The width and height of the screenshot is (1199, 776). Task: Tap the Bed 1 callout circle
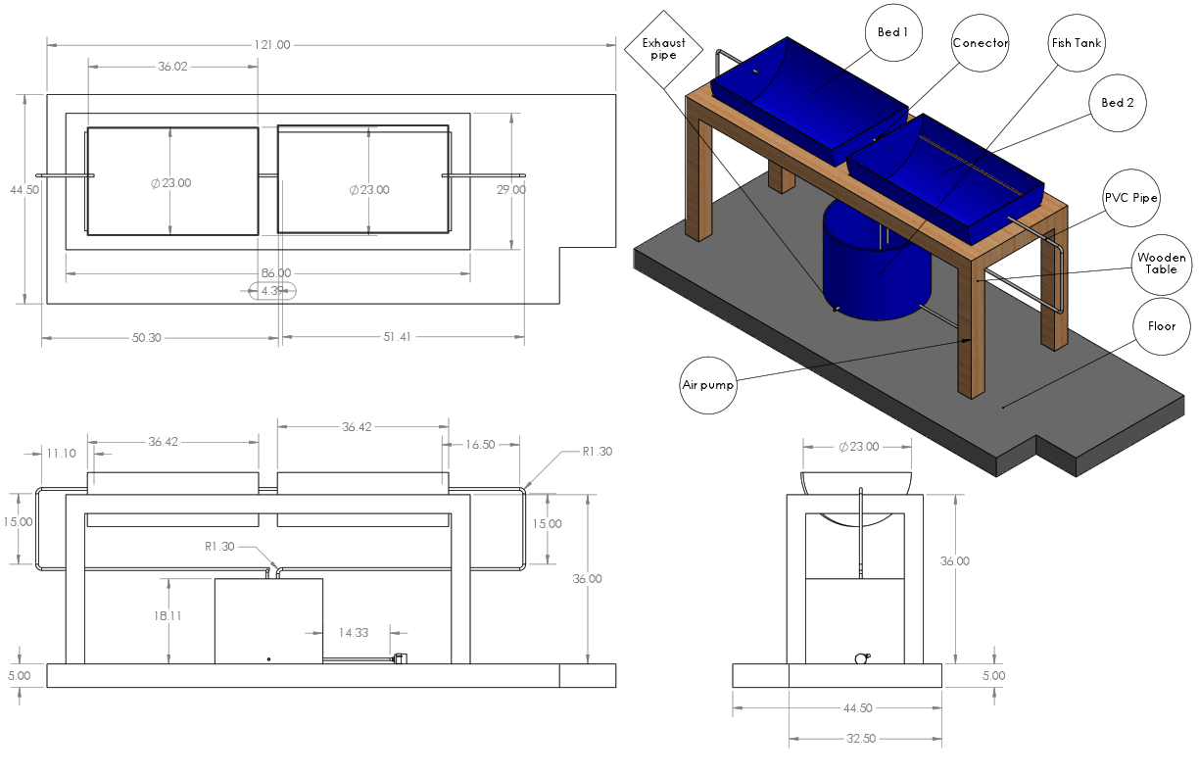[x=892, y=32]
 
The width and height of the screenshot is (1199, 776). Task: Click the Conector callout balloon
[x=981, y=43]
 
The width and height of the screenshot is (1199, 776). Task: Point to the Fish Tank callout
[x=1076, y=43]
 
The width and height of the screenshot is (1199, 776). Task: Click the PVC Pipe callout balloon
[x=1131, y=198]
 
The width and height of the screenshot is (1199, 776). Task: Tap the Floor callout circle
[x=1161, y=325]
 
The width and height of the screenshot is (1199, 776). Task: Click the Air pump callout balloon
[x=708, y=385]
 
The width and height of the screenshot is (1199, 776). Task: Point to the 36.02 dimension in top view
[x=172, y=67]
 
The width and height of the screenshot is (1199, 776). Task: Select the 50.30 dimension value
[x=146, y=337]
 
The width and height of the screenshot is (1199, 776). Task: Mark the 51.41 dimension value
[x=397, y=337]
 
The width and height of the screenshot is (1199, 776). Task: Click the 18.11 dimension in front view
[x=168, y=615]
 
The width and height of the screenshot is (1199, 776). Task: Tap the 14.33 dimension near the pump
[x=355, y=633]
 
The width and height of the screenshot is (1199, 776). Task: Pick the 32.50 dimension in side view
[x=859, y=738]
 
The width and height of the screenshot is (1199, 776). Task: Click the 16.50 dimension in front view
[x=480, y=444]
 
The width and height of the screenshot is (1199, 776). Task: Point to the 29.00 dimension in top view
[x=511, y=190]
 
